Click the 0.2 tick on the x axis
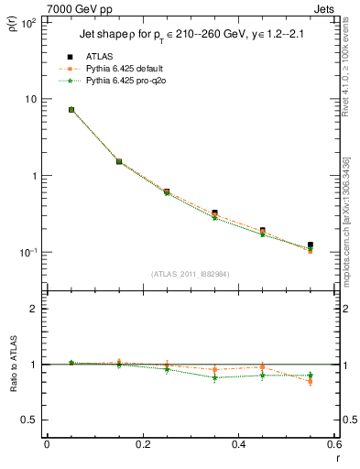[142, 444]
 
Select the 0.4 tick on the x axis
[238, 444]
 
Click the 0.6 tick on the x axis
[334, 444]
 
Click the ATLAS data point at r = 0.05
[71, 110]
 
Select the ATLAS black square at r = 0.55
[311, 245]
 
